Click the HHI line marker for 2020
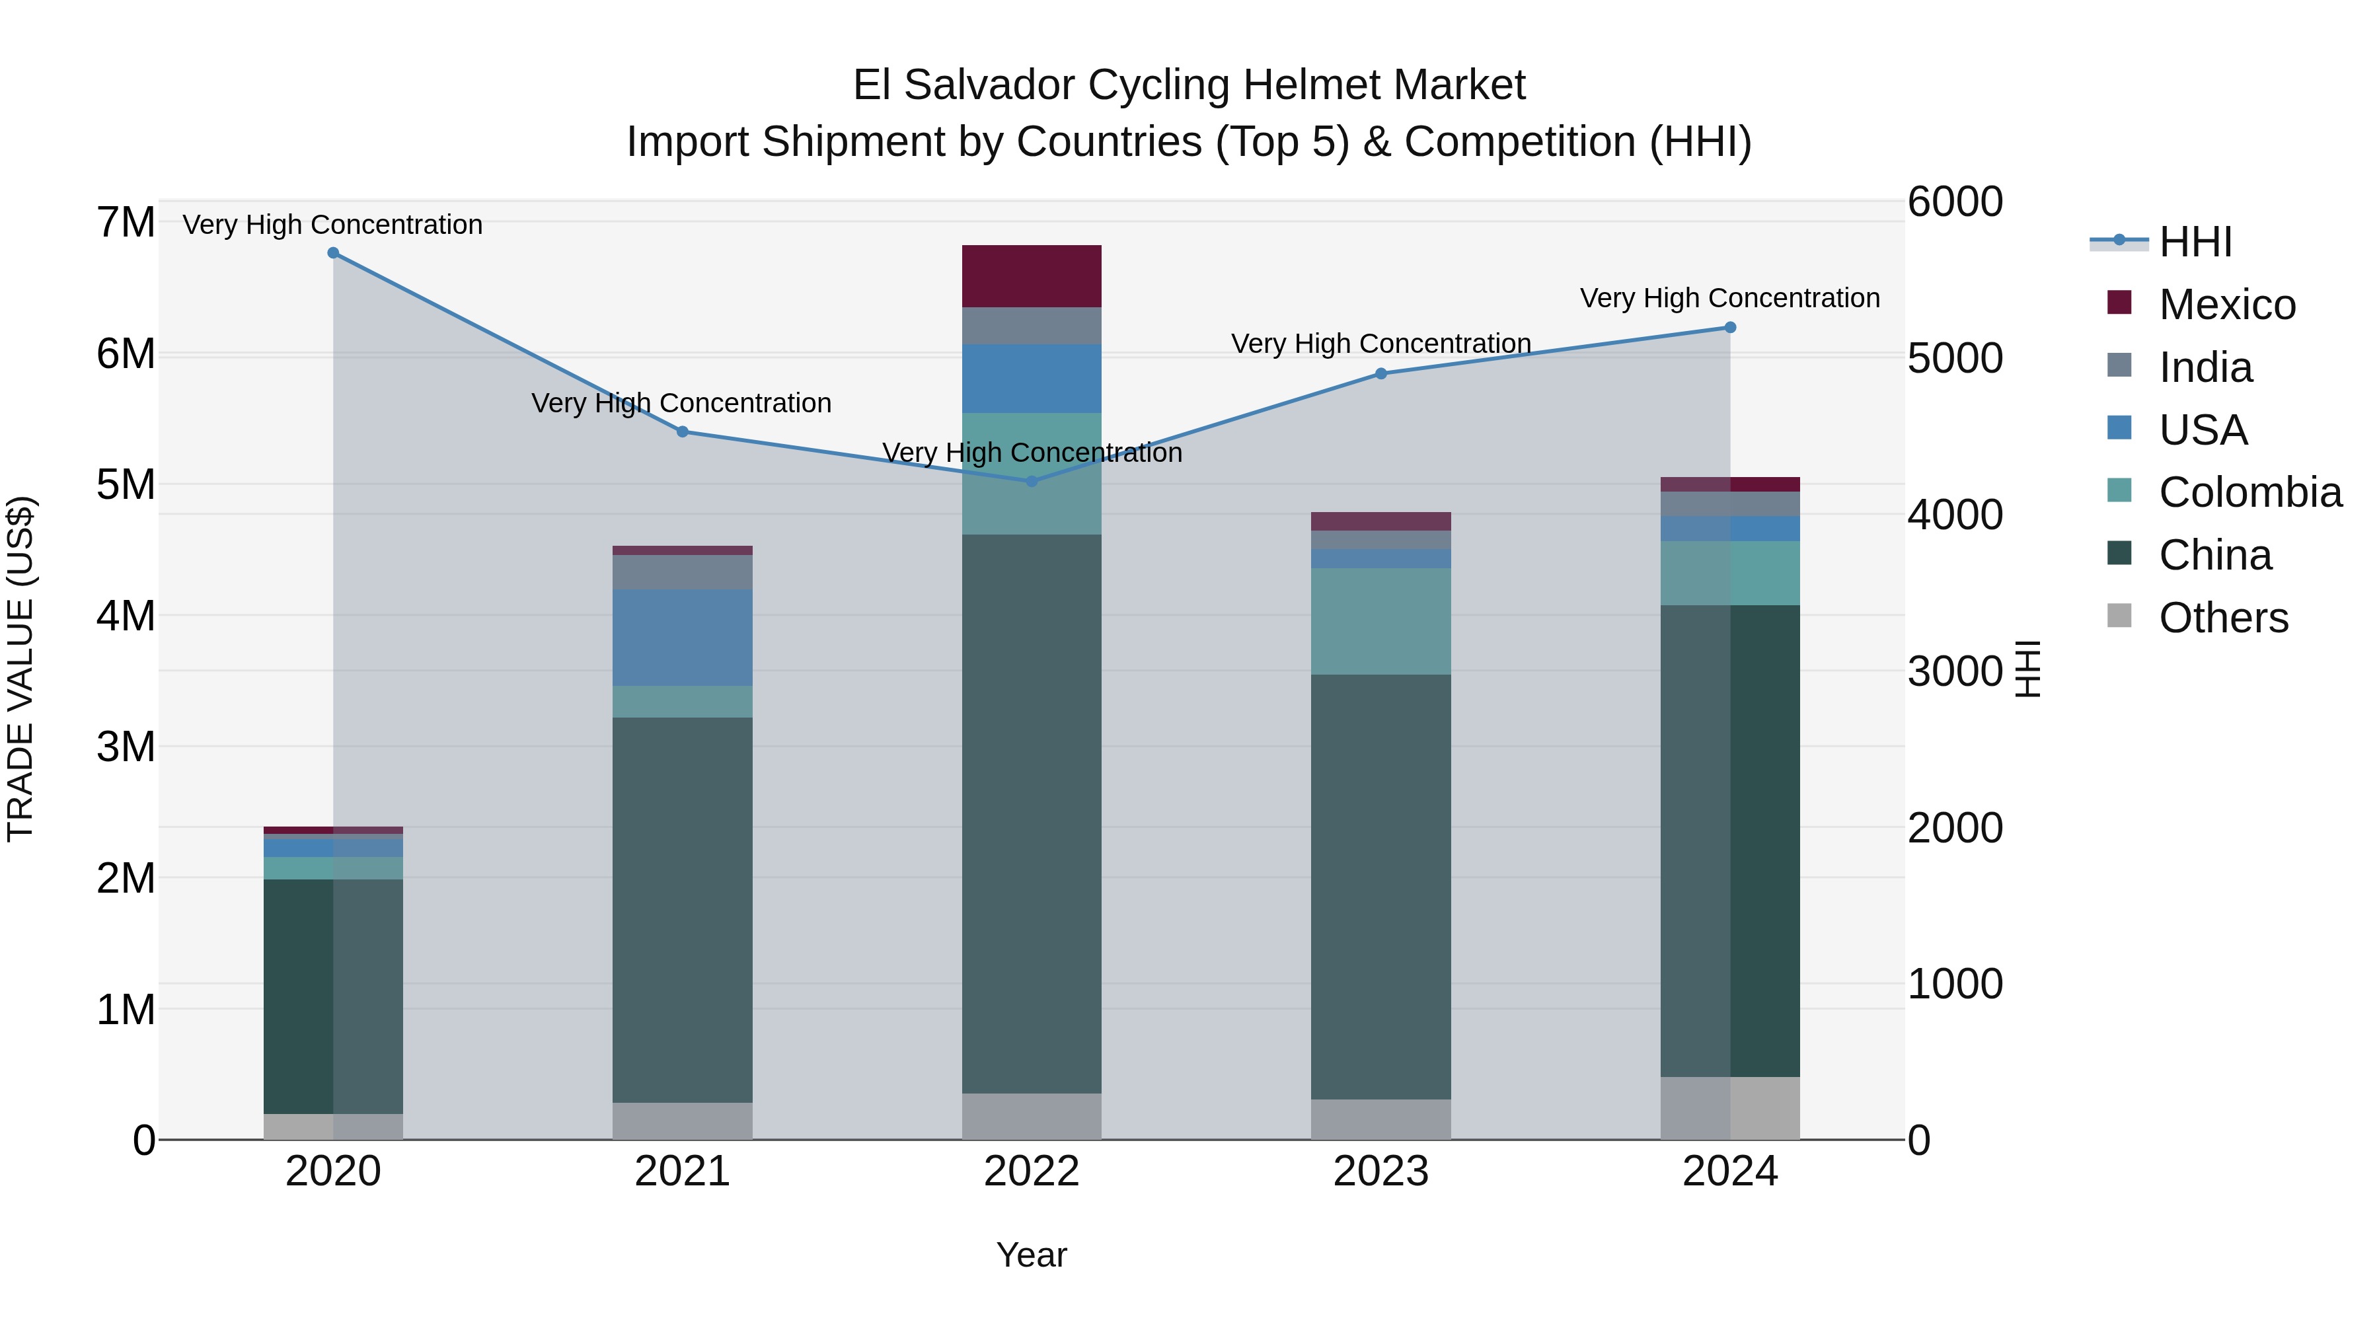pos(334,253)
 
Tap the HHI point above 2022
pos(1032,481)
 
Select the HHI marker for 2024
pos(1730,328)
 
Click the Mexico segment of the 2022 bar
pos(1032,276)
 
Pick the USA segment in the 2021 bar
pos(683,637)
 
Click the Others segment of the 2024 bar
pos(1730,1107)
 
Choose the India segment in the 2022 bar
pos(1032,326)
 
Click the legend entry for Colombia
pos(2249,492)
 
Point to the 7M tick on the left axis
pos(126,223)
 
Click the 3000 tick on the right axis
pos(1954,671)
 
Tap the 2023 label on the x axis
pos(1380,1171)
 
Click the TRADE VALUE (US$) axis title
pos(20,669)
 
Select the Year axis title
pos(1032,1255)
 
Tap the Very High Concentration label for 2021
pos(681,404)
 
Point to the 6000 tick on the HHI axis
pos(1954,202)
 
